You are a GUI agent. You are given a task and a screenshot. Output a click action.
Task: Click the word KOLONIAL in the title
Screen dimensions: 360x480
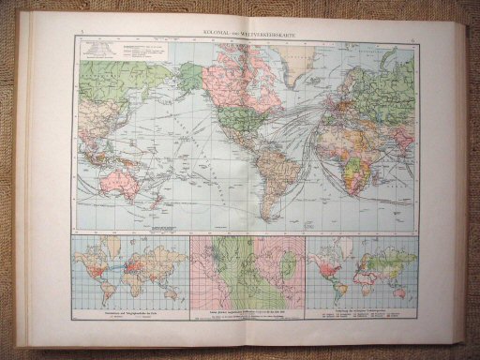223,34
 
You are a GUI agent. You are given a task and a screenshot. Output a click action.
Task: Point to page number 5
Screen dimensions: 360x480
83,34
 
